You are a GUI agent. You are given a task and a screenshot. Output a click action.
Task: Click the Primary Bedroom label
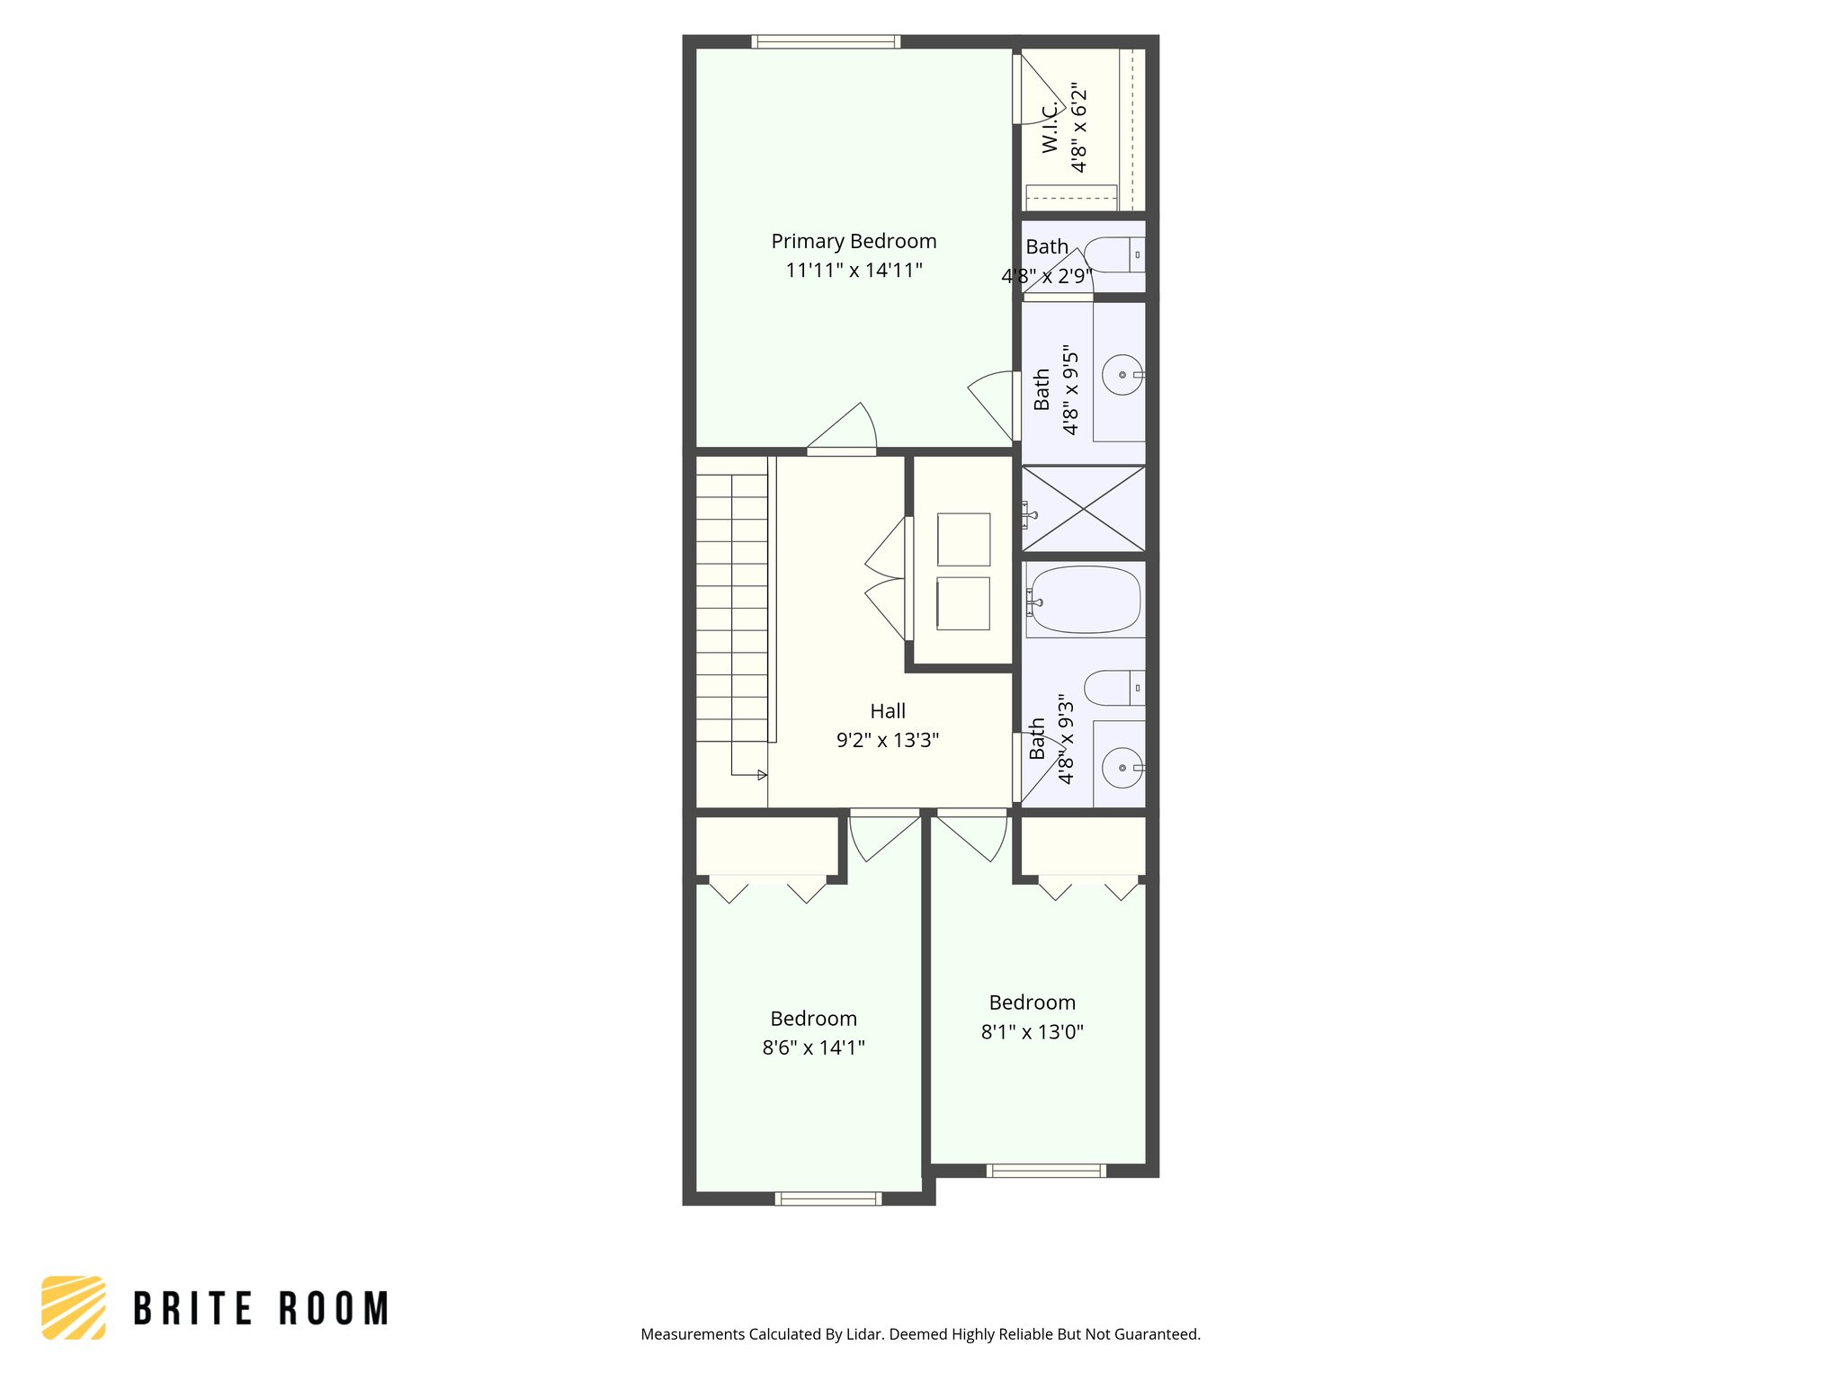pos(854,241)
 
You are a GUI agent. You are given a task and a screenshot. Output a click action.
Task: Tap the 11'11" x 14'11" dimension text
pos(854,270)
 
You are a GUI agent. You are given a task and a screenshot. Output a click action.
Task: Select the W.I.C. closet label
pos(1051,128)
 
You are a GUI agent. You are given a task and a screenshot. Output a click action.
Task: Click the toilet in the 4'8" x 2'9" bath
pos(1113,254)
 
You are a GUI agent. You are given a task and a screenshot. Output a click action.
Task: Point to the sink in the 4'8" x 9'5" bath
pos(1122,374)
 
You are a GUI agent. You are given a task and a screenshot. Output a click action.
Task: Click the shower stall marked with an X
pos(1084,508)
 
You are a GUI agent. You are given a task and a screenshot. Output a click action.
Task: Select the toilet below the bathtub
pos(1113,688)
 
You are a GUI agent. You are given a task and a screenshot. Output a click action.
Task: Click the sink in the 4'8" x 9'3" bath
pos(1122,768)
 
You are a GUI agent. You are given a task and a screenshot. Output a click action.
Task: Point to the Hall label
pos(888,711)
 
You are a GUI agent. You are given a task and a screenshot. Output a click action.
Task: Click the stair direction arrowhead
pos(763,775)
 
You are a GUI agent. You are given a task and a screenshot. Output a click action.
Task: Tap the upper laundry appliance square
pos(963,539)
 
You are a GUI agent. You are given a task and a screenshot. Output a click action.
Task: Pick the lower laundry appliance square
pos(963,603)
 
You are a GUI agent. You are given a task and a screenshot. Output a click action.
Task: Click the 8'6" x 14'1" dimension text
pos(813,1047)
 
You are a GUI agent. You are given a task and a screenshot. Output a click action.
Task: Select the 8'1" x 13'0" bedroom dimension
pos(1032,1031)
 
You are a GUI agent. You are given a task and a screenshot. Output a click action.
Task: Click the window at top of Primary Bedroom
pos(826,41)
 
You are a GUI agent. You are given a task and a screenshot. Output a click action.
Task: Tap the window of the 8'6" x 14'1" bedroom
pos(828,1198)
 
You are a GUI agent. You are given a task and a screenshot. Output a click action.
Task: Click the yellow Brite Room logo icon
pos(74,1307)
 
